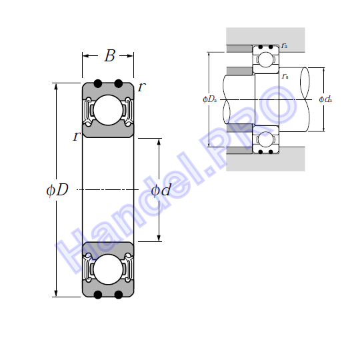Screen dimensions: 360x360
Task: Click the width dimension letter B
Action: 109,55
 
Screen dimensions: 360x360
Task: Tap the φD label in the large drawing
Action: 57,190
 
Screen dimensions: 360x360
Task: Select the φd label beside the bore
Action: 161,190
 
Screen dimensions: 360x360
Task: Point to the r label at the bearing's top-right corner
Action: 141,87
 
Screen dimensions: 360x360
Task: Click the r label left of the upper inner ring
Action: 76,136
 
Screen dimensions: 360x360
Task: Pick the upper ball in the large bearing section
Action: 108,110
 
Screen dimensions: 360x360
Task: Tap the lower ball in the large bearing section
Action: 108,269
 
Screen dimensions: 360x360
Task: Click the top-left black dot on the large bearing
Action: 98,83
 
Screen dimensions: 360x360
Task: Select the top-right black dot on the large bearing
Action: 118,83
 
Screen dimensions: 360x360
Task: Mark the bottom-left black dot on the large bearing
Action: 98,295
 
